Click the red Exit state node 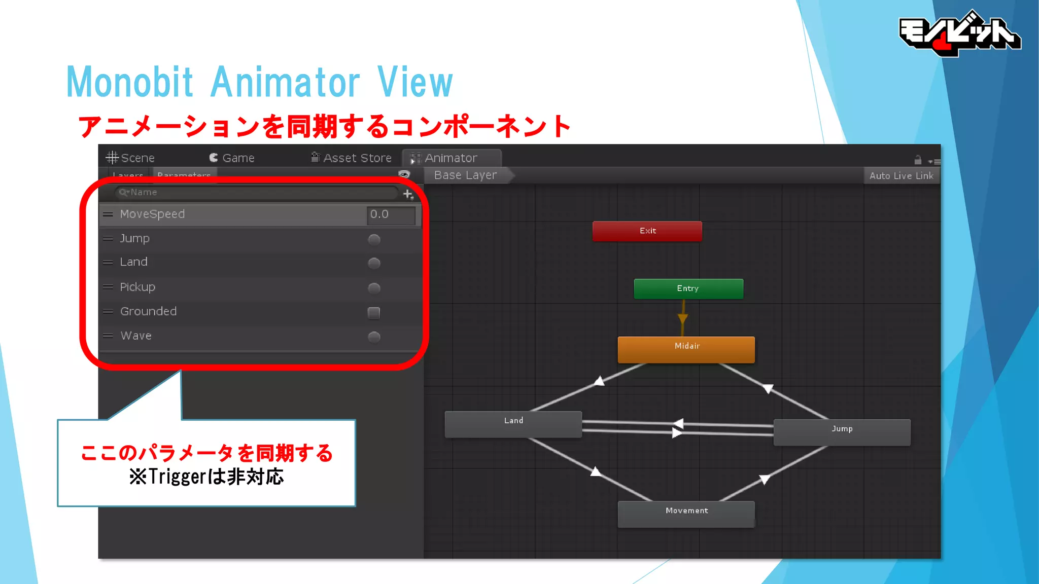tap(647, 231)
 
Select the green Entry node tap(688, 288)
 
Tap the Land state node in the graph tap(513, 424)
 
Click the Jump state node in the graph tap(842, 432)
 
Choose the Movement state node tap(686, 514)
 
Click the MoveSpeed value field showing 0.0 tap(391, 214)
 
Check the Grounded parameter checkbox tap(374, 313)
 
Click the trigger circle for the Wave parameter tap(374, 337)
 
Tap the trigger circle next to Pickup tap(374, 288)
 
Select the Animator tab tap(451, 158)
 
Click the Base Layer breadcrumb tap(465, 175)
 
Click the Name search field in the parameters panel tap(256, 193)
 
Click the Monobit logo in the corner tap(959, 33)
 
